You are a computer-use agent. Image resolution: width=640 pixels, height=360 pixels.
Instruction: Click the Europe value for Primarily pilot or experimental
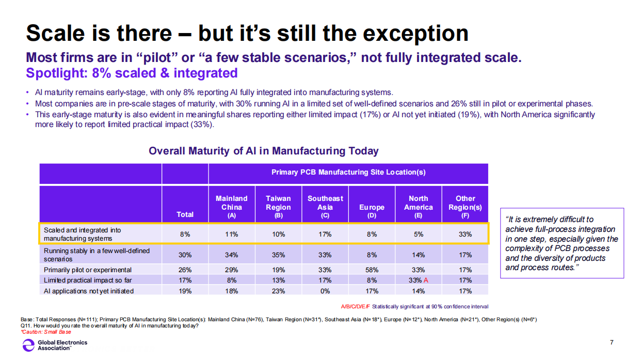[x=372, y=270]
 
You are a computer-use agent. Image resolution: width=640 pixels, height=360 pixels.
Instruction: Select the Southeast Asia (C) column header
[x=325, y=207]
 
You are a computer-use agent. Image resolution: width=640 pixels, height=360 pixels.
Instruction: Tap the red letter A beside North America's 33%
[x=426, y=280]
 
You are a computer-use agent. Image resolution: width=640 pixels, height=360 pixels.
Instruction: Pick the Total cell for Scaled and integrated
[x=185, y=234]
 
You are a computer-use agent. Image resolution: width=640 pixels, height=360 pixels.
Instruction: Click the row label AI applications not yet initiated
[x=89, y=291]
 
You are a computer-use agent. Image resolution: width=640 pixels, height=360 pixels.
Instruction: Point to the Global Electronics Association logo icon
[x=28, y=345]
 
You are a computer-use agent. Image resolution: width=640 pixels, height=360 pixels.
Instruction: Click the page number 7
[x=612, y=342]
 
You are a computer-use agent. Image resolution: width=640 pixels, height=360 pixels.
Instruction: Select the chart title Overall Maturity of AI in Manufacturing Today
[x=263, y=151]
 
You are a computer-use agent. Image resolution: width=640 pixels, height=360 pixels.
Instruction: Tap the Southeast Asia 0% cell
[x=325, y=291]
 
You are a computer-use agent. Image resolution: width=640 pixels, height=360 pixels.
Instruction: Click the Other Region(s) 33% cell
[x=465, y=234]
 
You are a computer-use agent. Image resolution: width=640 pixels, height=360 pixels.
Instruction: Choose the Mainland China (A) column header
[x=231, y=207]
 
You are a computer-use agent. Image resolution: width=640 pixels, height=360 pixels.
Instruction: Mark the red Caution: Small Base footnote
[x=46, y=332]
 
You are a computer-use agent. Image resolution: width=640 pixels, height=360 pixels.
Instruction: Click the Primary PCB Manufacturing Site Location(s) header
[x=348, y=172]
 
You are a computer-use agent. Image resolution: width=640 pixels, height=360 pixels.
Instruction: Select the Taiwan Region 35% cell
[x=278, y=255]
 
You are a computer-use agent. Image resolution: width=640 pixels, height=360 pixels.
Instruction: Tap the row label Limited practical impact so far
[x=88, y=280]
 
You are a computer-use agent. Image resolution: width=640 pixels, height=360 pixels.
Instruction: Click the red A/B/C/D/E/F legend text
[x=355, y=306]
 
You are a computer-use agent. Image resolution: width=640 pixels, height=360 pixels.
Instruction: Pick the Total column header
[x=185, y=214]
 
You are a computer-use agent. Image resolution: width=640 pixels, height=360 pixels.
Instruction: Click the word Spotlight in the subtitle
[x=57, y=73]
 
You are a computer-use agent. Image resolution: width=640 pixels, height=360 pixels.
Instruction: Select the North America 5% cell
[x=418, y=234]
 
